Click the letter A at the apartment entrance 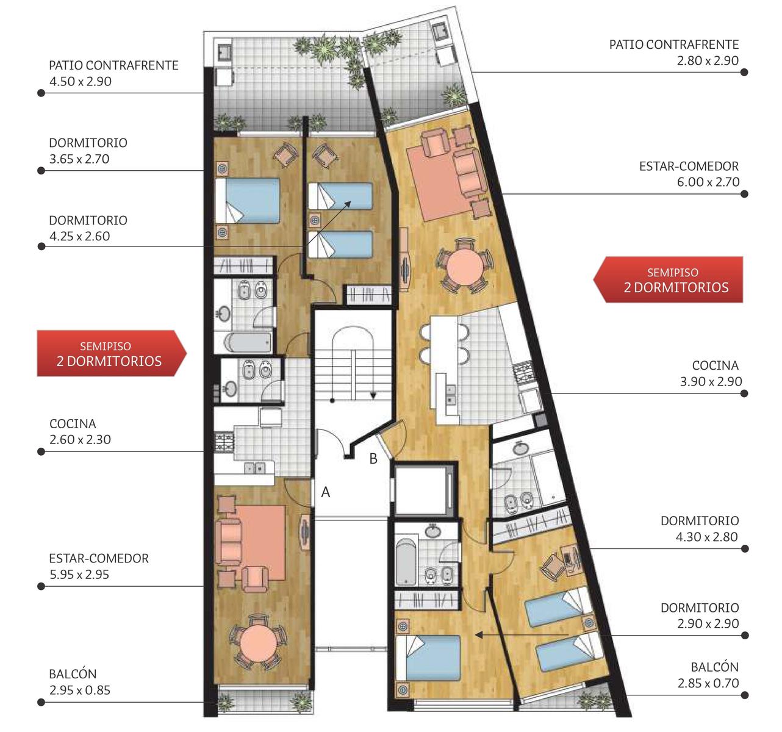click(x=325, y=492)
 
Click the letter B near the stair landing click(x=373, y=459)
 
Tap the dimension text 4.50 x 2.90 click(x=81, y=82)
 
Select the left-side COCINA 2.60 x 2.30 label click(x=81, y=431)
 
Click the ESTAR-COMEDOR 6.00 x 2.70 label click(x=689, y=174)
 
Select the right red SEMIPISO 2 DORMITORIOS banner click(x=668, y=279)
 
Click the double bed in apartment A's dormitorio click(x=248, y=201)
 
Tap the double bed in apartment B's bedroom click(x=428, y=658)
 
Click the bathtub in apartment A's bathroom click(x=248, y=342)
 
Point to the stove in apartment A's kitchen click(x=224, y=442)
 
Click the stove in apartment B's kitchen click(x=524, y=373)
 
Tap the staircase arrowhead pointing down click(x=373, y=396)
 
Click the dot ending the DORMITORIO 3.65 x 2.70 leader click(x=41, y=171)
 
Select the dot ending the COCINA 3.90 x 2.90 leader click(x=744, y=393)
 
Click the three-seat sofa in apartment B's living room click(x=469, y=173)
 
